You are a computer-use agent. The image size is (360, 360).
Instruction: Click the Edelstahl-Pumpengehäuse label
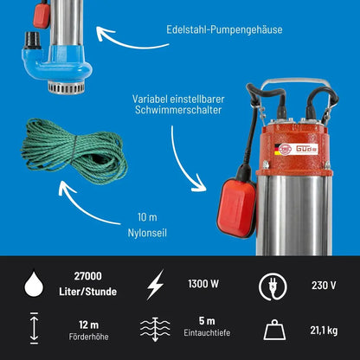point(224,30)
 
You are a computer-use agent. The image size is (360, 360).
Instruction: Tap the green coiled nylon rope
point(74,151)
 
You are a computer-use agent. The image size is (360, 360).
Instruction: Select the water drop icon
point(34,283)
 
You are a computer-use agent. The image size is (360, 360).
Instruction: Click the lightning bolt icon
point(156,285)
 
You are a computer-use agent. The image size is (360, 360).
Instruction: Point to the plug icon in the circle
point(273,286)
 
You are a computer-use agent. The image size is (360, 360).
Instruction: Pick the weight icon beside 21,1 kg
point(274,330)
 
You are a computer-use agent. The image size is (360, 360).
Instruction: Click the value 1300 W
point(203,284)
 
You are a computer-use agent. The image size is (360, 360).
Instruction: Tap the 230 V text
point(324,286)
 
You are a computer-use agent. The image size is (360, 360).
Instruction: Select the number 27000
point(88,276)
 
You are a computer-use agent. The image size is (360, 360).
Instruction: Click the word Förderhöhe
point(89,337)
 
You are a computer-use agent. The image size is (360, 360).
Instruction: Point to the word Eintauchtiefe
point(207,332)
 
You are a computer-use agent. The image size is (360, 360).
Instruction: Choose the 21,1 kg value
point(324,331)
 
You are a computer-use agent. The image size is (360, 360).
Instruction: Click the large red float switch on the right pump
point(236,207)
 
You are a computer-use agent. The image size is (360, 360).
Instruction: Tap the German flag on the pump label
point(278,150)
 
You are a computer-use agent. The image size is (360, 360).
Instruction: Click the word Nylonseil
point(147,233)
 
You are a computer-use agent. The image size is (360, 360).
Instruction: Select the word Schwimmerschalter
point(178,110)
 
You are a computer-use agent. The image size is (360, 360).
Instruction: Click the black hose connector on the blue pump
point(33,40)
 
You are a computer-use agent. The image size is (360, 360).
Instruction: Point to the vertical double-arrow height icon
point(34,328)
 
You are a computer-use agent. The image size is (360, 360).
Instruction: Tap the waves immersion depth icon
point(155,329)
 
